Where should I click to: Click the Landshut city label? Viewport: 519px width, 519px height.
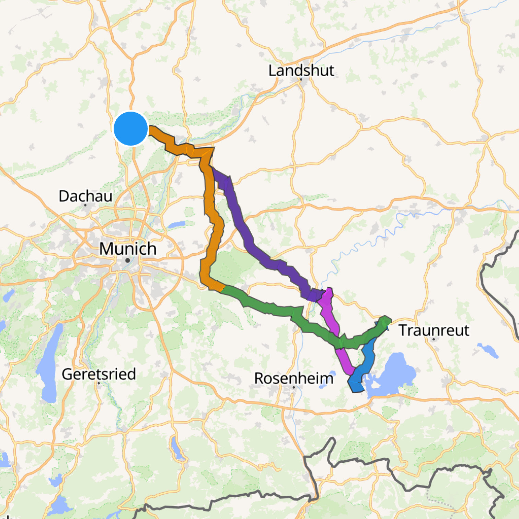point(301,71)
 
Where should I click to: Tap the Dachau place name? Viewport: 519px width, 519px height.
point(85,196)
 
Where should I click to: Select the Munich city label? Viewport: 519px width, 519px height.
point(128,249)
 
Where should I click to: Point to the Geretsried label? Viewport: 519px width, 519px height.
point(99,374)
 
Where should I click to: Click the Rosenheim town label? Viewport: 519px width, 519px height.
point(294,378)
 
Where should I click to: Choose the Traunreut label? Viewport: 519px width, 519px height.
point(434,330)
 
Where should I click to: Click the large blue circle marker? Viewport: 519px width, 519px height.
point(131,128)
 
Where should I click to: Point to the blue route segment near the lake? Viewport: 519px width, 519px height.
point(367,360)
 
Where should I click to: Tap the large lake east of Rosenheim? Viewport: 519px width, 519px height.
point(395,374)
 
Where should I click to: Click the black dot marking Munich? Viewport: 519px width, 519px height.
point(128,261)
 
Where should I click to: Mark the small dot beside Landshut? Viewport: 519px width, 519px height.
point(301,80)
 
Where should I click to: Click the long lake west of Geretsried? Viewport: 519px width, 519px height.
point(48,364)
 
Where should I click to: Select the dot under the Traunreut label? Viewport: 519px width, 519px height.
point(434,339)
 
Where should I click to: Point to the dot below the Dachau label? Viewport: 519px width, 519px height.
point(85,205)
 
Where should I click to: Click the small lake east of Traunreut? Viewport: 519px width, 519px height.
point(488,350)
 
